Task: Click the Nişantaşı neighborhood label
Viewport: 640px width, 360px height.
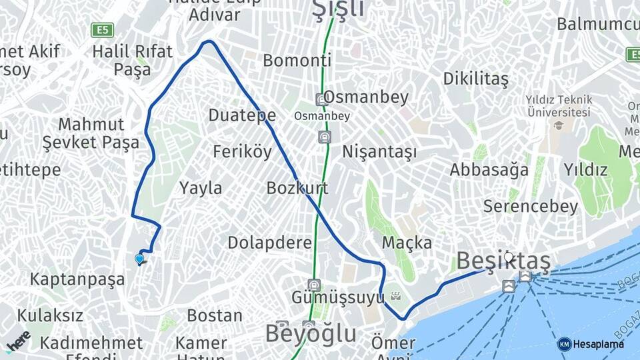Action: click(x=379, y=152)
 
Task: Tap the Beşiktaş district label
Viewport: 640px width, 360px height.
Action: click(x=504, y=262)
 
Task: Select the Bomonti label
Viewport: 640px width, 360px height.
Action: click(x=297, y=61)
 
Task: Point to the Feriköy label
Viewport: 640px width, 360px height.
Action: click(x=243, y=152)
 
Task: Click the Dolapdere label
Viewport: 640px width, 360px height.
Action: click(x=269, y=243)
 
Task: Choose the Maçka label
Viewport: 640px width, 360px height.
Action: click(x=407, y=243)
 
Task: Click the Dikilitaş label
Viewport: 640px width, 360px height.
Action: click(x=475, y=79)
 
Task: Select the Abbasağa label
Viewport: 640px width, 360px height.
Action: click(x=489, y=170)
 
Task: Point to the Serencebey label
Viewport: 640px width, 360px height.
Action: click(x=531, y=207)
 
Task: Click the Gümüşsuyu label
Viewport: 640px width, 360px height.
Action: click(x=337, y=297)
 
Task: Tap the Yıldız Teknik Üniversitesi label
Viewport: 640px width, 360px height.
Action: click(x=558, y=107)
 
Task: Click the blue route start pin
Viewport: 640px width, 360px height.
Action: click(x=139, y=259)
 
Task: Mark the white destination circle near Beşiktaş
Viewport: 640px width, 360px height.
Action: click(x=509, y=256)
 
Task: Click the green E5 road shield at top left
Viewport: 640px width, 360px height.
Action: click(x=103, y=30)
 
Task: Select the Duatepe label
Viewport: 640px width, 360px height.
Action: click(x=242, y=115)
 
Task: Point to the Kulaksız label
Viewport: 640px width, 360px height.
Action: click(x=50, y=315)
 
